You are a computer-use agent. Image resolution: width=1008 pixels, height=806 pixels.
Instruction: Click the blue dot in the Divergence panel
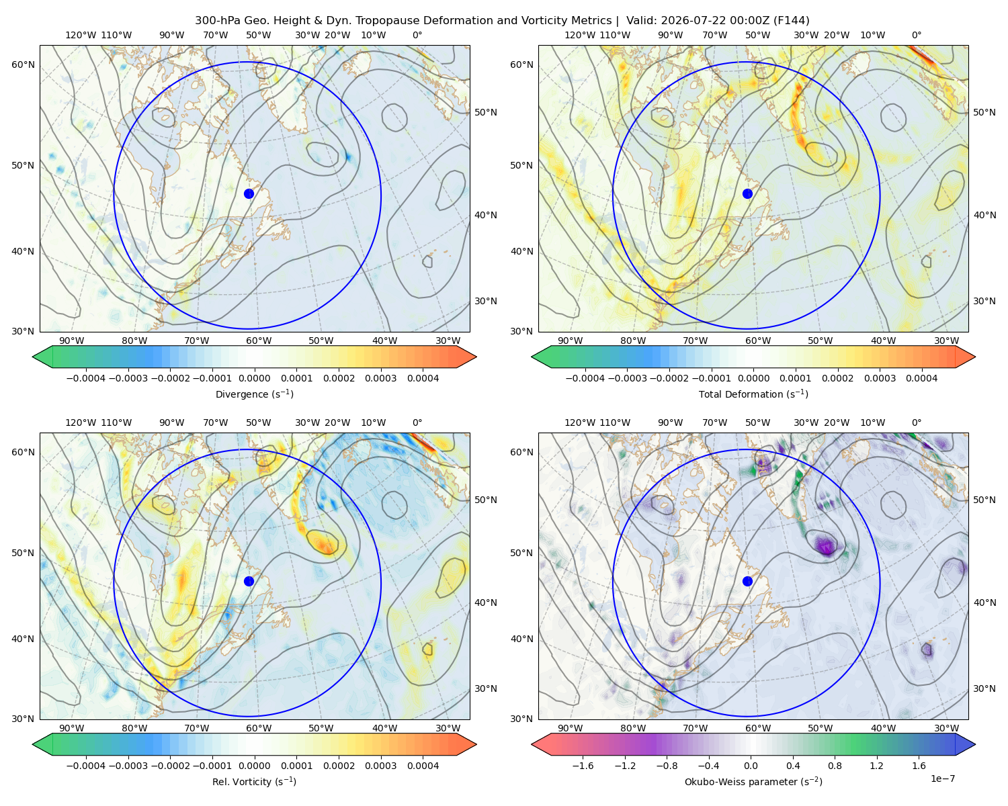[249, 193]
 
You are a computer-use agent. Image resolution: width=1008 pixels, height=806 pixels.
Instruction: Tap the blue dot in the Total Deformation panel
[747, 193]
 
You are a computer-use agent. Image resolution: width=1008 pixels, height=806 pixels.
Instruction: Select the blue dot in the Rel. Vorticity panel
[249, 581]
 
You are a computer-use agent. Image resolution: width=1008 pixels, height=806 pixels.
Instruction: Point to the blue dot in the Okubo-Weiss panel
[747, 581]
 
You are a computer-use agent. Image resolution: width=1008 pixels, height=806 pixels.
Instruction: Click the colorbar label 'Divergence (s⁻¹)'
[254, 394]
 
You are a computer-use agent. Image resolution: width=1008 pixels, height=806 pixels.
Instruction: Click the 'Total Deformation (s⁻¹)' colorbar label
[753, 394]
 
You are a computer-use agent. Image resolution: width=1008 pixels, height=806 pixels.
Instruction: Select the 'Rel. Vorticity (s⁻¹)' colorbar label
[254, 782]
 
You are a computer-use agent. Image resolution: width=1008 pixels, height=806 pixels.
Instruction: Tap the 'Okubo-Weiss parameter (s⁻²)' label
[753, 782]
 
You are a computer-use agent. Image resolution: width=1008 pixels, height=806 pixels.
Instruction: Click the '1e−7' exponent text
[942, 778]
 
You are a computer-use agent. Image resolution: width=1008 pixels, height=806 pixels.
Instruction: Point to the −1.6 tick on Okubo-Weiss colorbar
[583, 766]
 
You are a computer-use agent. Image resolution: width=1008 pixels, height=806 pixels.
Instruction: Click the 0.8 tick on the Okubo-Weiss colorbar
[835, 766]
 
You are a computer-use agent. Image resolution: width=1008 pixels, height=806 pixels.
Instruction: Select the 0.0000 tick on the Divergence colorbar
[254, 378]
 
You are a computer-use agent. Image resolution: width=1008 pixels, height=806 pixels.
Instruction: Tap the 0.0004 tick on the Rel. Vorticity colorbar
[423, 766]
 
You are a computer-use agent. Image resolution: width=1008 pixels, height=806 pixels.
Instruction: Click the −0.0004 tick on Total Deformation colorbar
[585, 378]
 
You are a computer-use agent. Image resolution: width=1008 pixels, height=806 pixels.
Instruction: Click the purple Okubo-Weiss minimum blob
[826, 545]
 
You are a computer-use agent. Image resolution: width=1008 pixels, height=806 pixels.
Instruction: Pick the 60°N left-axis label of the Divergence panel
[23, 64]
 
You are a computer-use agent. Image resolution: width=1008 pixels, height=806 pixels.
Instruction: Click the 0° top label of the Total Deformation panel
[916, 35]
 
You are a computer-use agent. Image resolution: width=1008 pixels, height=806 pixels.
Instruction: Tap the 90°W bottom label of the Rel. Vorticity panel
[72, 728]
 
